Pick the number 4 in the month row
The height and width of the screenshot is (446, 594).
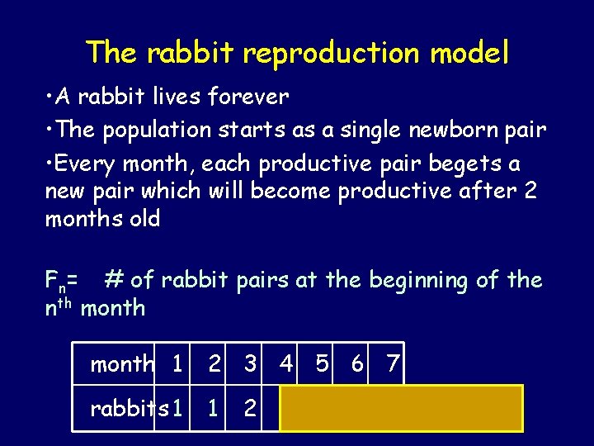click(x=285, y=363)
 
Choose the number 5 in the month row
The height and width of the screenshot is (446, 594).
click(x=323, y=363)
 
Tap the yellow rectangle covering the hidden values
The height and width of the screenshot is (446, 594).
click(x=401, y=408)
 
